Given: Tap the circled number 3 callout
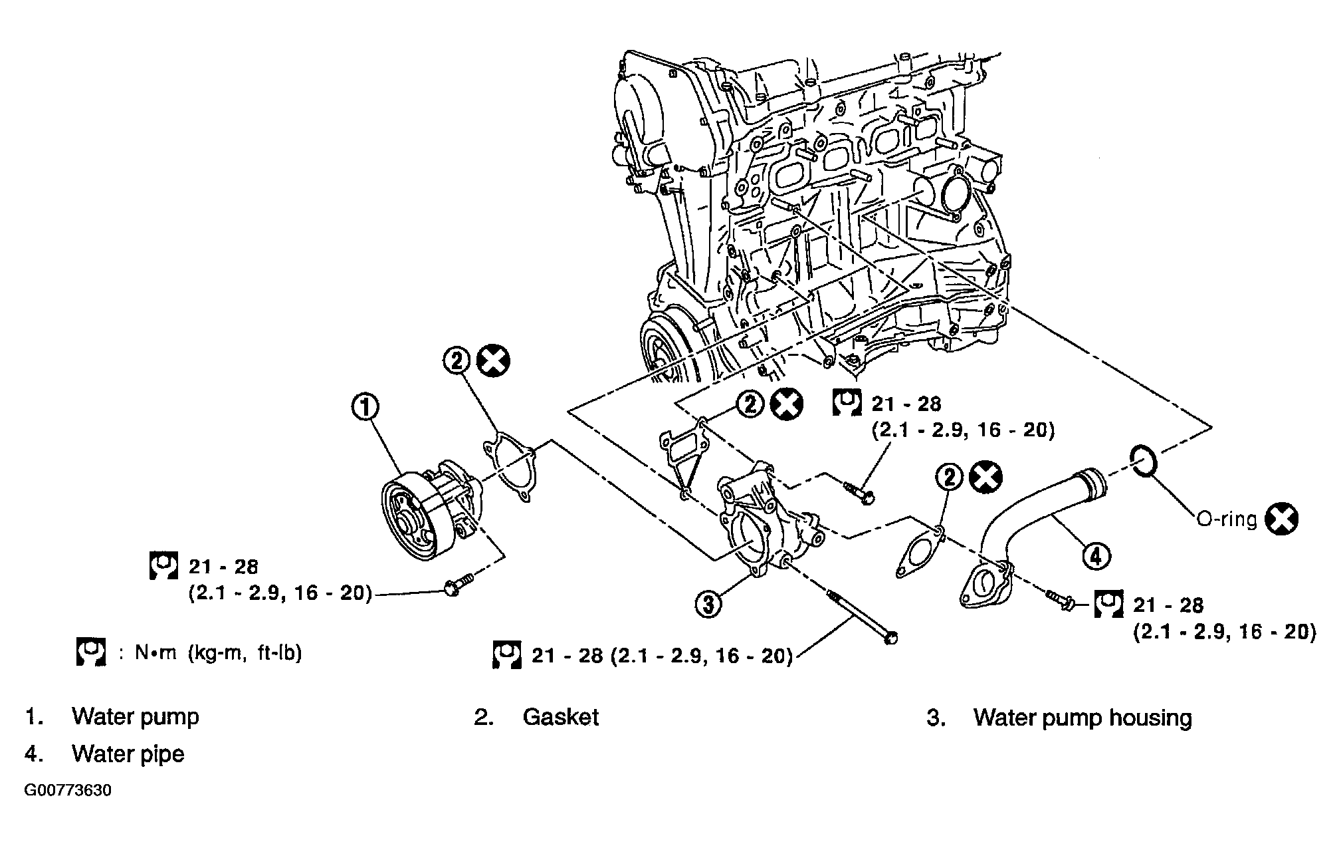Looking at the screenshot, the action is (708, 604).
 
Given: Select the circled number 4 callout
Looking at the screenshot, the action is (1096, 555).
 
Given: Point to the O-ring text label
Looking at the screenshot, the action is (1227, 519).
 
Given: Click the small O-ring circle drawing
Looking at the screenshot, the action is (1144, 462).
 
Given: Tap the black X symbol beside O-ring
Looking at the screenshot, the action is (1282, 519).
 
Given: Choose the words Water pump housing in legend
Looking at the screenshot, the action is (1083, 718).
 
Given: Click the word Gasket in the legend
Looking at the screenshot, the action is (560, 717).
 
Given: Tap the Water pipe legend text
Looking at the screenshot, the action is (128, 754).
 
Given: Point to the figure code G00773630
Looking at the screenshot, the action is (68, 791).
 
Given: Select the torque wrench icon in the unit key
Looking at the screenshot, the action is (90, 652).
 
